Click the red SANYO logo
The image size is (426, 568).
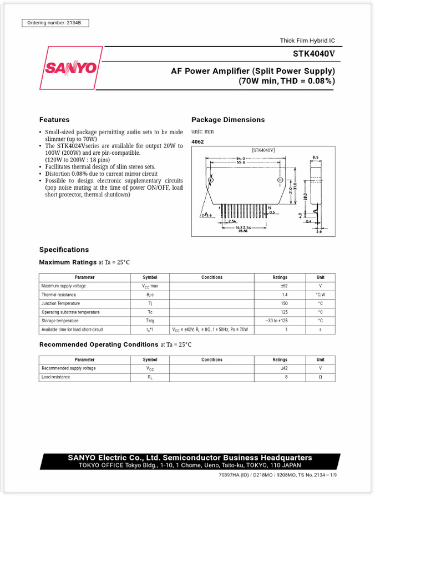(70, 68)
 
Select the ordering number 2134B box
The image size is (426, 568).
(55, 23)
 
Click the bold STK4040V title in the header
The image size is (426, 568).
(314, 54)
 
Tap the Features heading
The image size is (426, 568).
(54, 120)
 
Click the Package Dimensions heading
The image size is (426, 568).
(228, 120)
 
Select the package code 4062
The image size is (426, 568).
(197, 142)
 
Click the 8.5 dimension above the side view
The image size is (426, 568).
(315, 157)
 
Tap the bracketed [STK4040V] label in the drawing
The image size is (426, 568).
(263, 150)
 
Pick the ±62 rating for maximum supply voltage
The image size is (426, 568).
(283, 286)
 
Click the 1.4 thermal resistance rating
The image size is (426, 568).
(285, 295)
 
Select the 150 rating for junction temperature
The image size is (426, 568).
(284, 303)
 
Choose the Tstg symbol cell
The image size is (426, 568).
(150, 321)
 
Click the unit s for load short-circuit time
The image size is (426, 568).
(320, 329)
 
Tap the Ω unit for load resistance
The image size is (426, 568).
(320, 377)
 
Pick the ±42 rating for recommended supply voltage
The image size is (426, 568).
(283, 368)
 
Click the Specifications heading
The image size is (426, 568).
(64, 250)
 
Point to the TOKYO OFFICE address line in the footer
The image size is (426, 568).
(190, 466)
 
